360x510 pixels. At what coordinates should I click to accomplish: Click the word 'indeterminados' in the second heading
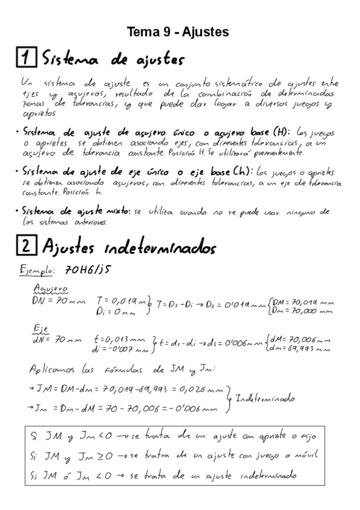point(173,247)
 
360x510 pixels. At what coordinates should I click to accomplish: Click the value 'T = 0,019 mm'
point(123,300)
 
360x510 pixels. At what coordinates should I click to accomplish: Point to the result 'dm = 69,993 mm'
point(302,348)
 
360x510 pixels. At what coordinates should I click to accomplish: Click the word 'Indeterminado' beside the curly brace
point(264,399)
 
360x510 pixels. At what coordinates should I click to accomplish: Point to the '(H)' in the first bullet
point(280,132)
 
